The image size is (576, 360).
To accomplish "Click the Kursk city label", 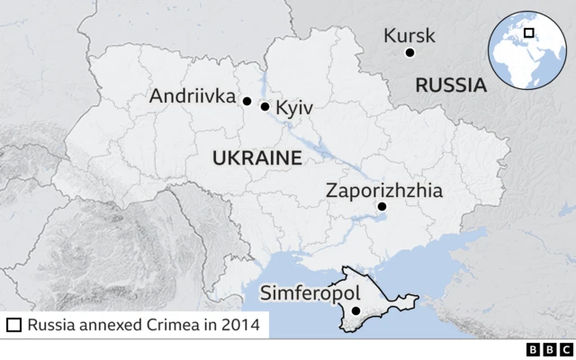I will coord(409,36).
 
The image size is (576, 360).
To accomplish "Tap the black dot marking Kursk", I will coord(409,53).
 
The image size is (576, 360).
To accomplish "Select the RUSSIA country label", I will coord(450,85).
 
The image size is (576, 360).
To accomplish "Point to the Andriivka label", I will coord(192,95).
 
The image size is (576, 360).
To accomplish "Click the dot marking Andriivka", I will coord(247,101).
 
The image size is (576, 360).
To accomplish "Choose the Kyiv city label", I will coord(294,107).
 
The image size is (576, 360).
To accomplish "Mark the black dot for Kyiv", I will coord(265,106).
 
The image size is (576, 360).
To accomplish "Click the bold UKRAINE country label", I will coord(256,158).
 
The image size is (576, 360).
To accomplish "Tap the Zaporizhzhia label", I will coord(385,190).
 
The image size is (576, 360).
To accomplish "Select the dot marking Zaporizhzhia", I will coord(382,207).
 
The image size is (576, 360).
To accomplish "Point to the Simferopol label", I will coord(310,293).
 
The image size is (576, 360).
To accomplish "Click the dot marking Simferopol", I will coord(356,311).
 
